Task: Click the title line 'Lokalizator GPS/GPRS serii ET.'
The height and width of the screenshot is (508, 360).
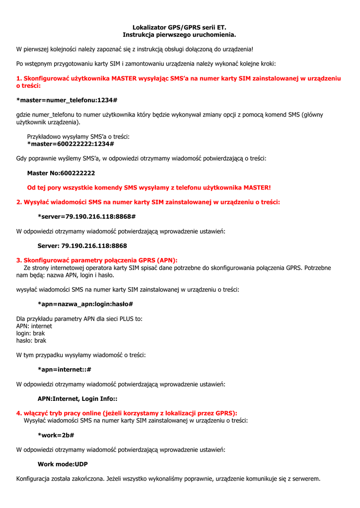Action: point(179,28)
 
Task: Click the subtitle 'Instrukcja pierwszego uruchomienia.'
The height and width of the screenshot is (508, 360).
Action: point(179,35)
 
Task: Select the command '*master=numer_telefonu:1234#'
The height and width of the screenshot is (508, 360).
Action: point(67,100)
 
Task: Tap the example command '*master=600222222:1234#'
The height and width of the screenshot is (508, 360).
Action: point(71,144)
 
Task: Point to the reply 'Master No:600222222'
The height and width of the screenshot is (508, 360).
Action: point(61,173)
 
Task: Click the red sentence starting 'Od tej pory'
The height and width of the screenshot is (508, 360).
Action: point(149,188)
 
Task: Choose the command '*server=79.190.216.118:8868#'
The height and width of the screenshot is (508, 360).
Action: point(87,217)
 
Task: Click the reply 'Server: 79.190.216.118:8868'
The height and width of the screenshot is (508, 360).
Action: point(82,246)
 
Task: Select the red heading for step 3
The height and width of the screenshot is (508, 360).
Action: point(97,260)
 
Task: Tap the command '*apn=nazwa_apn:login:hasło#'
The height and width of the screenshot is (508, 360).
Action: point(85,304)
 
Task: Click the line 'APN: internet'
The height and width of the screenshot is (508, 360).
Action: point(34,326)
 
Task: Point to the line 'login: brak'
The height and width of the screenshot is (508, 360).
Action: point(31,333)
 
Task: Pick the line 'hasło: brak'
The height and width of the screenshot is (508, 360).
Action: point(31,341)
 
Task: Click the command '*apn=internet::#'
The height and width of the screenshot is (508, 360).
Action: point(65,370)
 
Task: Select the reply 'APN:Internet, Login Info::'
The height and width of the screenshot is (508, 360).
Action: point(77,398)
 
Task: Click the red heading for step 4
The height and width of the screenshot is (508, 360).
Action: point(127,413)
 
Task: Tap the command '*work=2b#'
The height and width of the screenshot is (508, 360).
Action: point(56,435)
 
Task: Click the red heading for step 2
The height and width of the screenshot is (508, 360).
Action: point(148,202)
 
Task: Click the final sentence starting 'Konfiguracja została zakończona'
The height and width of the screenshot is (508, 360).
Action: point(168,479)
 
